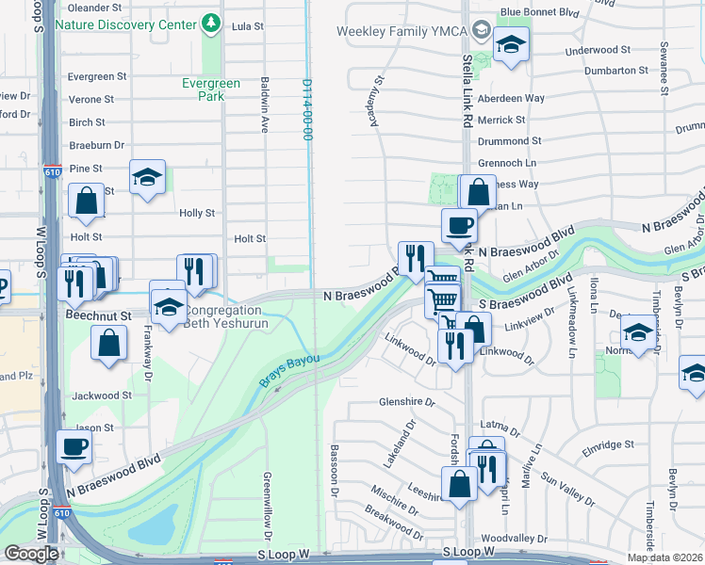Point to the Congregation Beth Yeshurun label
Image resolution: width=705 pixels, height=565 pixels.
[x=226, y=316]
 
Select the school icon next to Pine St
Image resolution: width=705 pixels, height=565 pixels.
[x=147, y=176]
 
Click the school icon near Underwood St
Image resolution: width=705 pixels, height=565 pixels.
[x=511, y=43]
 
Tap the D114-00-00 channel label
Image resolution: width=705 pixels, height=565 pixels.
[x=306, y=109]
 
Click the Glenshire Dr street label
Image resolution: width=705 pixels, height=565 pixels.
[x=406, y=401]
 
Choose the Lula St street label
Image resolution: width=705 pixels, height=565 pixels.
[x=247, y=26]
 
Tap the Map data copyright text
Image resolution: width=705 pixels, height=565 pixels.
[x=664, y=557]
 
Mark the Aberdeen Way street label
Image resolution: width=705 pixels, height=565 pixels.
[x=511, y=98]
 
